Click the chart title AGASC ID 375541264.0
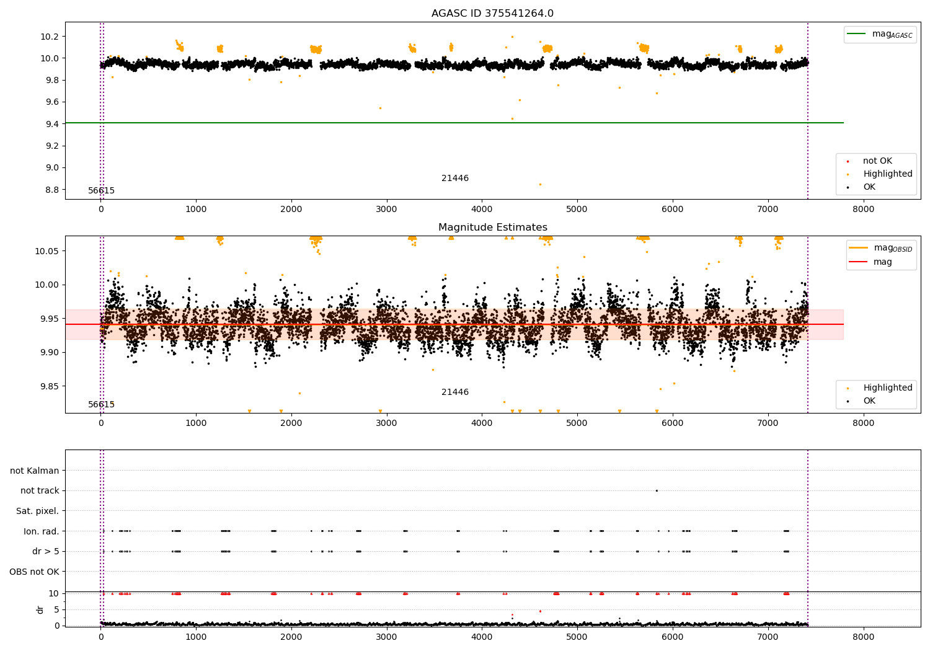coord(492,14)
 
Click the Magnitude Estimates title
coord(492,228)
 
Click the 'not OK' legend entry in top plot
coord(877,161)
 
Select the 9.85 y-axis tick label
coord(48,386)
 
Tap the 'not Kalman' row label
coord(35,471)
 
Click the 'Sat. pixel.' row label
coord(37,511)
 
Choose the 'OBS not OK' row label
coord(34,572)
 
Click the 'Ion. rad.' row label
coord(41,531)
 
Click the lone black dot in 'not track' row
coord(657,490)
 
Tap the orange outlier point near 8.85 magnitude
coord(540,184)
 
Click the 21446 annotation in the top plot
coord(454,179)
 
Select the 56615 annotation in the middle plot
coord(101,404)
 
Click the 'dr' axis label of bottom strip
coord(40,609)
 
